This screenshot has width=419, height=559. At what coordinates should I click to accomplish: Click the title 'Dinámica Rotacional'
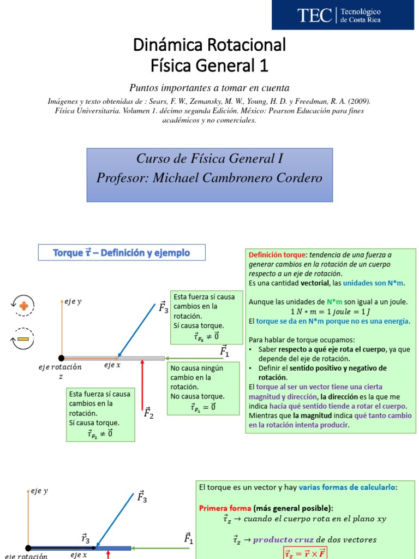(x=209, y=45)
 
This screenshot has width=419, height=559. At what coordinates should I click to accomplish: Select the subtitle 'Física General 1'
(x=209, y=66)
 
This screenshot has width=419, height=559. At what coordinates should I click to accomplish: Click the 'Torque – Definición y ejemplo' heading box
(x=121, y=252)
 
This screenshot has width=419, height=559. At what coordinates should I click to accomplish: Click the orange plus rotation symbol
(x=24, y=306)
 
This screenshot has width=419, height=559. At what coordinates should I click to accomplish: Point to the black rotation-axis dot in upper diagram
(x=62, y=358)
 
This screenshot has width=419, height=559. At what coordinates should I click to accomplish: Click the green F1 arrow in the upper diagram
(x=194, y=358)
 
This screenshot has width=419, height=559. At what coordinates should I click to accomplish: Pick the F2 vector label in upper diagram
(x=148, y=413)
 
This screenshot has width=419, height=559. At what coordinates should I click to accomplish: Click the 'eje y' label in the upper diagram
(x=73, y=301)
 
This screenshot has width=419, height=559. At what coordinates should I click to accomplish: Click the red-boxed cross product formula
(x=306, y=553)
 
